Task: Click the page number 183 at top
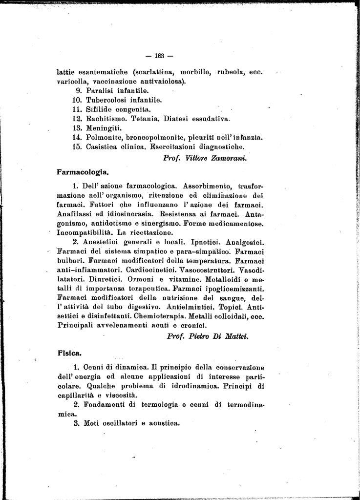pos(160,55)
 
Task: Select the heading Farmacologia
pos(83,172)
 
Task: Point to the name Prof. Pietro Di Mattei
pos(208,336)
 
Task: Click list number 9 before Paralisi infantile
pos(78,90)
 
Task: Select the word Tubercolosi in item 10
pos(107,100)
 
